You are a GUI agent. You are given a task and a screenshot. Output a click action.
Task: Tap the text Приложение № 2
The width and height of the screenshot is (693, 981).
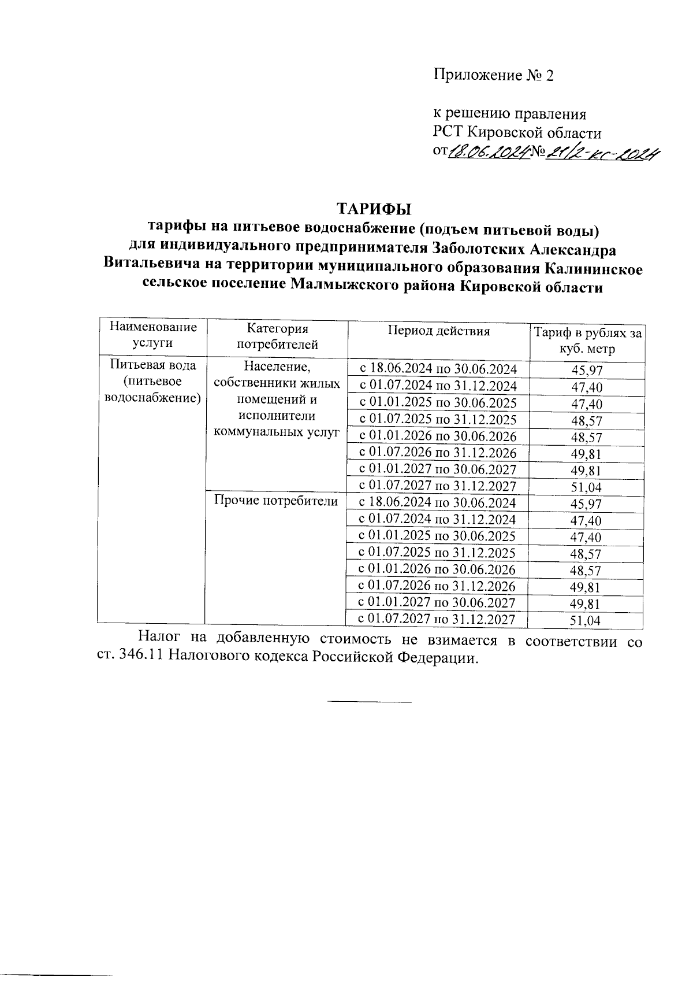493,76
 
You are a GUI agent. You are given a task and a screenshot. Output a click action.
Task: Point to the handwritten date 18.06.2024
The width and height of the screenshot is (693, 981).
488,153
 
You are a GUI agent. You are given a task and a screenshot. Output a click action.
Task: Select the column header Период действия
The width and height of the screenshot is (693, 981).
438,332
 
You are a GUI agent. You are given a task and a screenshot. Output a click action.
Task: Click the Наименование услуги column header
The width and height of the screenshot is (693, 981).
152,335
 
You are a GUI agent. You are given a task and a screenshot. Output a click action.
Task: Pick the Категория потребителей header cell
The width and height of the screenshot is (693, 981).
277,337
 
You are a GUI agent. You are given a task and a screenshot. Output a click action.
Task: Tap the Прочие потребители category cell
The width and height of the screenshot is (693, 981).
275,501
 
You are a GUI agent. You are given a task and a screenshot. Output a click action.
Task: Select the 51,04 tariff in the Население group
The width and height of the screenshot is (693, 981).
586,488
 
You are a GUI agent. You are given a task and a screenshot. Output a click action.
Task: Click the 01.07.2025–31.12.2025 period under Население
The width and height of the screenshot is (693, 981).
438,420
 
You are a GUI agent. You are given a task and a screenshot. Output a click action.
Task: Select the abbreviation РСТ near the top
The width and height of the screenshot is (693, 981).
448,133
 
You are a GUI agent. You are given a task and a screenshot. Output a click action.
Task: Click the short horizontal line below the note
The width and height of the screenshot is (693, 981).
370,702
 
